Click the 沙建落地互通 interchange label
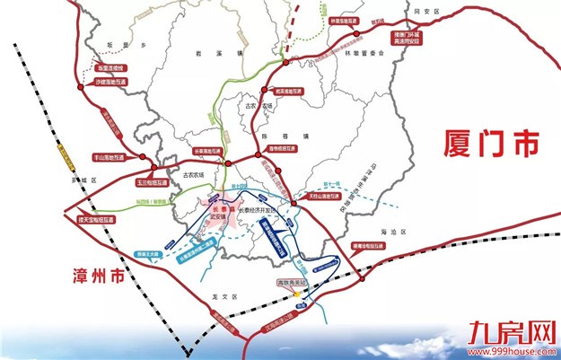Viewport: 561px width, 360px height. coord(113,82)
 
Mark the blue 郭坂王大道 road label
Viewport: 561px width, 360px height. coord(150,254)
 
